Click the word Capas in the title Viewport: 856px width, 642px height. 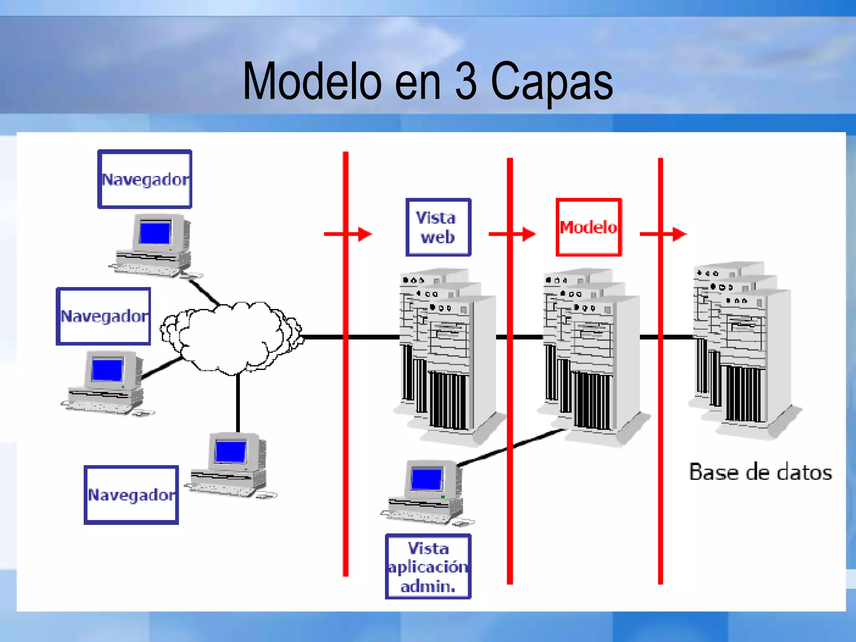point(551,82)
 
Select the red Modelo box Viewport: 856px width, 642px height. point(588,227)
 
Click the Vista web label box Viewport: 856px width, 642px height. point(438,227)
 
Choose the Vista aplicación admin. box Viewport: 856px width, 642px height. point(428,567)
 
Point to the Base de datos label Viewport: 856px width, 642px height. point(760,472)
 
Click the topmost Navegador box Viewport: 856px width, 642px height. point(145,179)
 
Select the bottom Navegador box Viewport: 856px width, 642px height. point(131,495)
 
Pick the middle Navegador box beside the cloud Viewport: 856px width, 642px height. point(103,316)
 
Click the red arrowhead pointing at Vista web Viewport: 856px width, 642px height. point(365,234)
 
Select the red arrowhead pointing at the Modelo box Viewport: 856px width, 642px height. point(529,234)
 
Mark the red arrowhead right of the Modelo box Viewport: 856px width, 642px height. point(680,234)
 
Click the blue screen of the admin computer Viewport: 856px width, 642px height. point(426,479)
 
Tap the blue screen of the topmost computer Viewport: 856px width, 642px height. point(155,233)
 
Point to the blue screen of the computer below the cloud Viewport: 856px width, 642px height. point(230,452)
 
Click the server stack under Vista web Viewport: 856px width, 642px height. point(447,355)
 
